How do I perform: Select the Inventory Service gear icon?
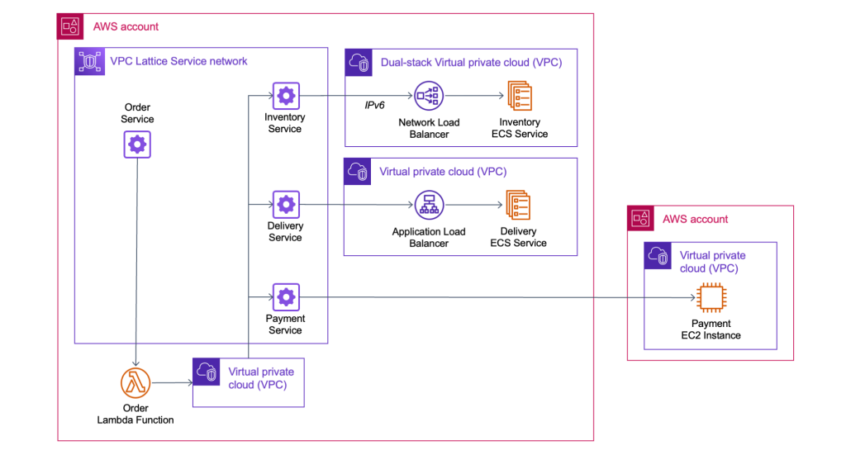(286, 96)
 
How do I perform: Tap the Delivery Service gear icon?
(286, 204)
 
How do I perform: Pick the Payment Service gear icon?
(286, 296)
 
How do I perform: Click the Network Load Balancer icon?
(429, 97)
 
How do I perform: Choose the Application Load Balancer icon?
(429, 205)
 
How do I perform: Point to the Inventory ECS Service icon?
(519, 97)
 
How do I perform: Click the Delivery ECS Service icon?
(518, 205)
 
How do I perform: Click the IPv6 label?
(375, 106)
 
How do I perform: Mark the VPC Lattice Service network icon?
(88, 61)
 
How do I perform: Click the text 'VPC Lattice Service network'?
(178, 61)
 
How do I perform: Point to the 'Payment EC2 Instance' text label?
(711, 329)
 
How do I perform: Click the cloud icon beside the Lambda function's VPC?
(207, 372)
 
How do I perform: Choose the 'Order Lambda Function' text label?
(135, 414)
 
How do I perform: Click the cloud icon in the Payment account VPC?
(658, 256)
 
